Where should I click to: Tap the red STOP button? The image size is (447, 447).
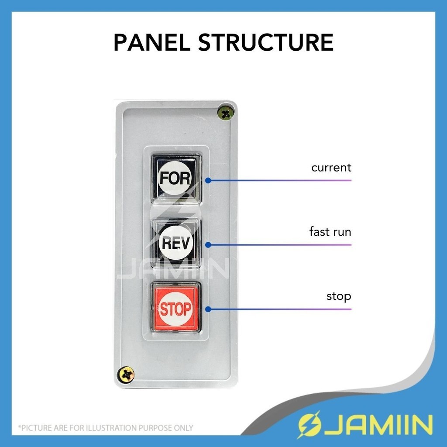[176, 307]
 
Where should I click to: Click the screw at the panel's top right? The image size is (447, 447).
[226, 113]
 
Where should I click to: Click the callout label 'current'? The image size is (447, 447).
[331, 168]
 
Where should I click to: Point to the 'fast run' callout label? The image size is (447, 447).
[330, 232]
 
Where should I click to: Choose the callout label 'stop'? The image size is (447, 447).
[339, 297]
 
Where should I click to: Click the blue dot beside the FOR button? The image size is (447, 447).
[208, 180]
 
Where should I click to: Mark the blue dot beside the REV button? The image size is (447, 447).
[208, 244]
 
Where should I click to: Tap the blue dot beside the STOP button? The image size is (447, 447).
[208, 309]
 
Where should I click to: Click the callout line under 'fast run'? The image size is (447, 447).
[279, 244]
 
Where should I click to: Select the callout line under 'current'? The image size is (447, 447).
[279, 180]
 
